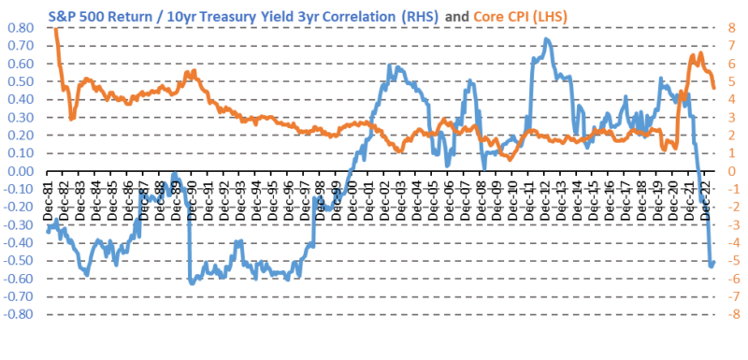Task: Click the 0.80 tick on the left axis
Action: tap(20, 28)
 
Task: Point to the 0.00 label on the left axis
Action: tap(20, 172)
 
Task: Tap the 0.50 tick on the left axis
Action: tap(20, 82)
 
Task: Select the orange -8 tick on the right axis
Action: tap(732, 315)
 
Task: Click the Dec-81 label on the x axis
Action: tap(52, 191)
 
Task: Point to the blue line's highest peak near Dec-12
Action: tap(546, 39)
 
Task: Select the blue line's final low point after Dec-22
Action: tap(712, 266)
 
